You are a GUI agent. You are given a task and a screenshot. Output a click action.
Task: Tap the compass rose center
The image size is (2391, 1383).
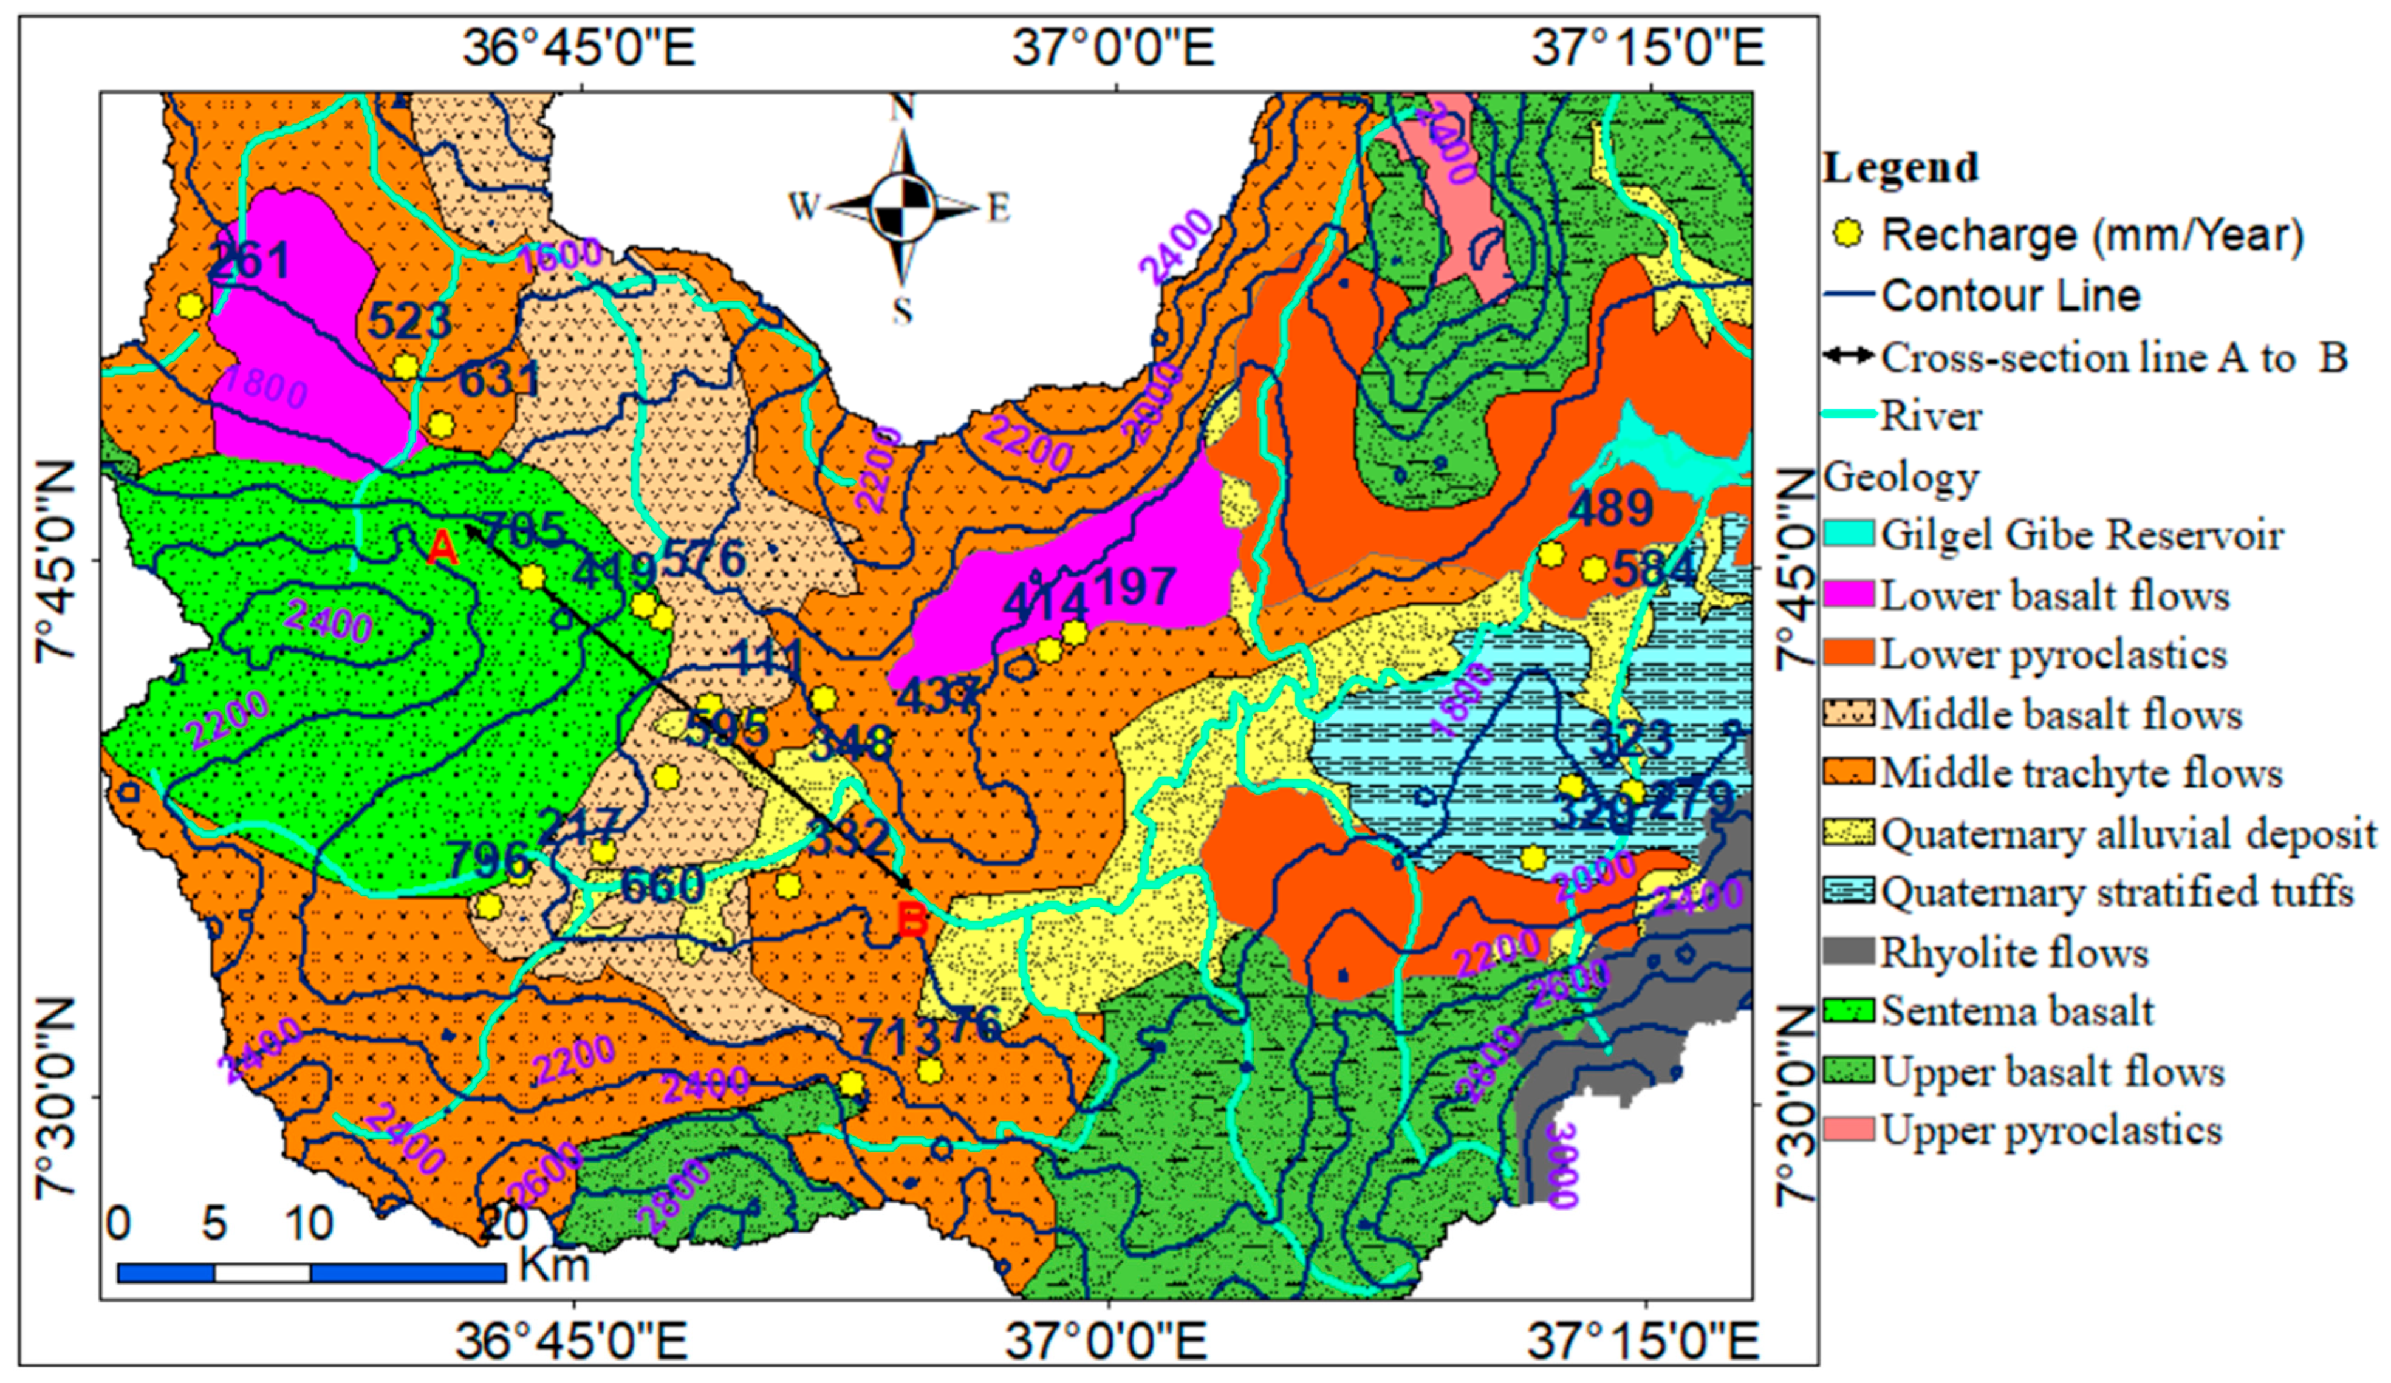(901, 207)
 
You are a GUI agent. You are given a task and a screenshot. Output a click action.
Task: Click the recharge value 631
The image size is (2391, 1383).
(499, 380)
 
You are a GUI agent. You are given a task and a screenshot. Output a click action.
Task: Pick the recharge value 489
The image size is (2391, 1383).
(1611, 508)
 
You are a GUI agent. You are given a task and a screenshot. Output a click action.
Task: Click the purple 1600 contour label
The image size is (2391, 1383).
(562, 252)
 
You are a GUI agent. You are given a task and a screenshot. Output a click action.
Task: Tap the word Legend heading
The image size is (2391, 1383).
(1900, 168)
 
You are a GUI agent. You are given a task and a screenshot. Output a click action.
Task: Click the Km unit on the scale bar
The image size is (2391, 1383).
(553, 1265)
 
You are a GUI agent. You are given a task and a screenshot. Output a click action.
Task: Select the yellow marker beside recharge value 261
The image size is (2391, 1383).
(191, 306)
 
